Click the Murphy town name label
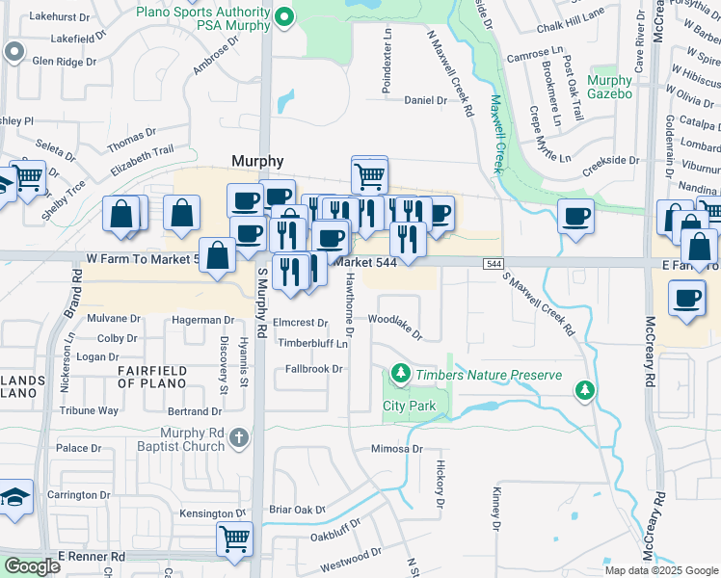click(257, 161)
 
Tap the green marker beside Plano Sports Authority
click(284, 16)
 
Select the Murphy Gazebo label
click(609, 88)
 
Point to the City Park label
click(409, 406)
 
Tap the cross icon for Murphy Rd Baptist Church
click(240, 439)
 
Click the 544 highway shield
click(494, 263)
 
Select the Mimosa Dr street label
click(398, 449)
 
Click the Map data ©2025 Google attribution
click(661, 569)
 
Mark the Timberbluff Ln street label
click(312, 343)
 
